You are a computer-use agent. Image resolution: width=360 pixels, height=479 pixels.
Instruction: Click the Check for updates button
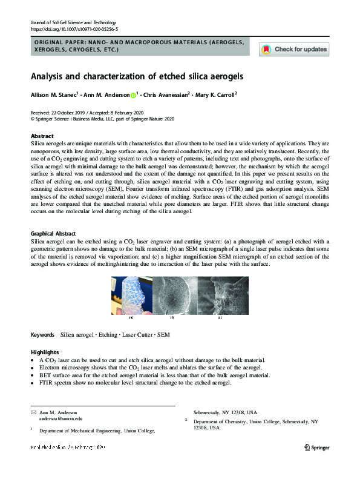(x=294, y=50)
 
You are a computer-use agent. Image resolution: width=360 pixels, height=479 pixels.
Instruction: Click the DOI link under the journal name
(x=74, y=29)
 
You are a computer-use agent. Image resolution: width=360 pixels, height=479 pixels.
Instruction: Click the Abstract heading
(x=42, y=136)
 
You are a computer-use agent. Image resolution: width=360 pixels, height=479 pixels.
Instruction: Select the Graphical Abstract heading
(x=54, y=234)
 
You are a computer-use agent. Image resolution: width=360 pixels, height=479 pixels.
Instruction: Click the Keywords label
(x=42, y=335)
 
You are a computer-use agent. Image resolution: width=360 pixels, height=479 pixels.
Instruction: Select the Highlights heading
(x=45, y=352)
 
